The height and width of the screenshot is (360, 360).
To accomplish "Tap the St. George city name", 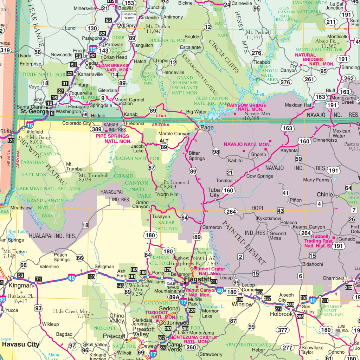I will click(34, 111).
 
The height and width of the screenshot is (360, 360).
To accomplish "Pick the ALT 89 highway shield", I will click(164, 144).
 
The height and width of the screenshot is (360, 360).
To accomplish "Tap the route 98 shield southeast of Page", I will click(216, 152).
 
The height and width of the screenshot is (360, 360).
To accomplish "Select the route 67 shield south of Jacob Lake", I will click(152, 168).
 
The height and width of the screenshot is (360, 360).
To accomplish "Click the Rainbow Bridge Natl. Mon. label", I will click(246, 108).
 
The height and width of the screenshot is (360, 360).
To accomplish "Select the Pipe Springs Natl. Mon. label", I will click(112, 138).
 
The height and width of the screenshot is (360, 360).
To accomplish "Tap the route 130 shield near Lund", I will click(92, 28).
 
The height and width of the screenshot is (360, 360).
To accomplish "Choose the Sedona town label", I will click(169, 308).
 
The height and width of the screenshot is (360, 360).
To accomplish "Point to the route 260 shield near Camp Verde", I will click(191, 347).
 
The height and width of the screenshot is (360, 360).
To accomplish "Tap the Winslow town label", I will click(243, 304).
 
